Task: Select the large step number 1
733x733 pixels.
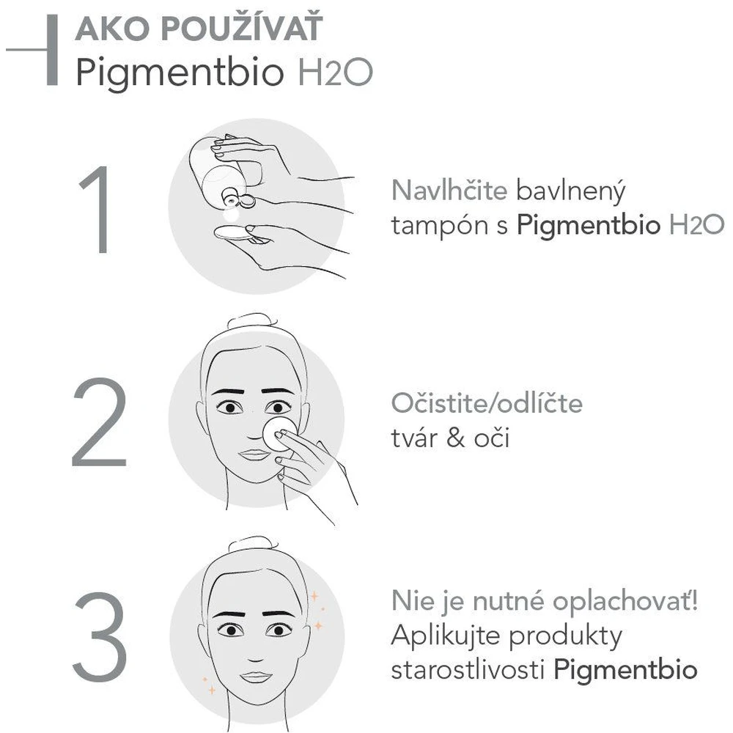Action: point(99,209)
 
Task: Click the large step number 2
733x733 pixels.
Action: point(99,421)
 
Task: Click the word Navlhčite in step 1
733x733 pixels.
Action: point(449,191)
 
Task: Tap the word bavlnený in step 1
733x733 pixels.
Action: point(570,191)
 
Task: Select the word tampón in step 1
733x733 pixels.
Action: point(438,226)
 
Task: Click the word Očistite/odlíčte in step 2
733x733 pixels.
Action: point(487,402)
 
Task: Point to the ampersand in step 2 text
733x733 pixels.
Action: point(455,438)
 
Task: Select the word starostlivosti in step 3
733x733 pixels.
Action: point(468,669)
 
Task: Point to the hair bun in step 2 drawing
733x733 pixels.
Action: point(252,322)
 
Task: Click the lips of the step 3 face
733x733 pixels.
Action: point(255,676)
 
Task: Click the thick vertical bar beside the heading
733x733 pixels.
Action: point(52,50)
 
